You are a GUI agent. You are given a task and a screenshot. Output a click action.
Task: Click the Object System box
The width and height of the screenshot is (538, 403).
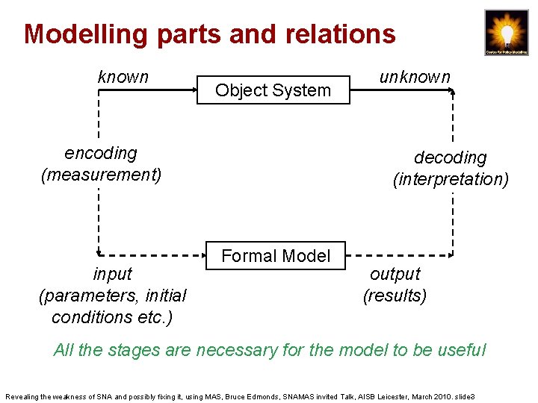273,90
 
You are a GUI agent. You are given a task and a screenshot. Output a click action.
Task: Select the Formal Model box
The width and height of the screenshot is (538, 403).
276,256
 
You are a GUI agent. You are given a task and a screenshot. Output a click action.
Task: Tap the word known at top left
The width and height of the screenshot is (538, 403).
123,77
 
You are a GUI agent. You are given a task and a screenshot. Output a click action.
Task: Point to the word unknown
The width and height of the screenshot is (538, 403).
415,77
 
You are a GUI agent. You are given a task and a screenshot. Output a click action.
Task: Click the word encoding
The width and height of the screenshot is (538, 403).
101,153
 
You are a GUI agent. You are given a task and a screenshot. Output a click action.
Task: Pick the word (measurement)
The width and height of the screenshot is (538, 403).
101,175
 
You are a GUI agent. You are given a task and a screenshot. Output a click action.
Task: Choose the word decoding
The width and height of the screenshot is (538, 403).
450,157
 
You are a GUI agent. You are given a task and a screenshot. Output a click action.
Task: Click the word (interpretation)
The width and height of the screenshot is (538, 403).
451,179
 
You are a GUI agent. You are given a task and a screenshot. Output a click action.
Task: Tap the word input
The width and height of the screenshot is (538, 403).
112,274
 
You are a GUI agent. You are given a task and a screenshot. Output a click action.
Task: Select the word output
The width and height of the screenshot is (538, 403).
395,274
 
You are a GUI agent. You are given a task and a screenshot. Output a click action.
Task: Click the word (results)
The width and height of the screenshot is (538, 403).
395,296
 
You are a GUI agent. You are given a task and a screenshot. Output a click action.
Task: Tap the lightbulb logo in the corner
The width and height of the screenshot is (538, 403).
506,32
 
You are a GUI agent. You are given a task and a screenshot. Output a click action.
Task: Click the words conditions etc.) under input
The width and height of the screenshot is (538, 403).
112,317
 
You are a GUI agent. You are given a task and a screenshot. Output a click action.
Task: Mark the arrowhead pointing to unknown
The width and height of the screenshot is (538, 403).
451,90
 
